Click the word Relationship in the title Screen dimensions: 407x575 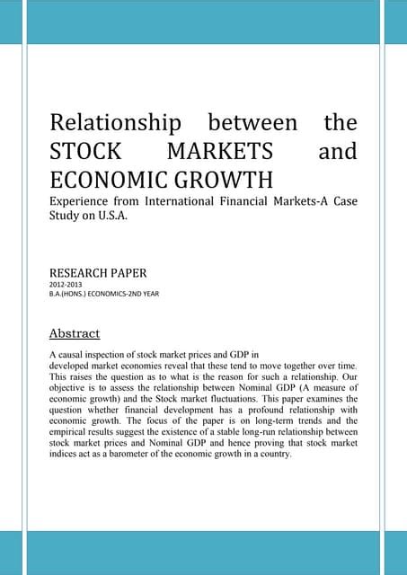(x=112, y=122)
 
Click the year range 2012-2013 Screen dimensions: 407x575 (x=65, y=283)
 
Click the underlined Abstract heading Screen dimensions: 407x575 (x=74, y=334)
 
